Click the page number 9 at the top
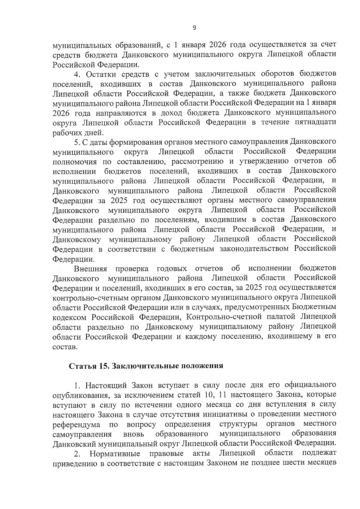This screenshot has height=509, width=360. click(x=194, y=28)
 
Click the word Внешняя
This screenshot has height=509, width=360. click(x=91, y=268)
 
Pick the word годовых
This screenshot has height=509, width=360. click(x=172, y=268)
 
